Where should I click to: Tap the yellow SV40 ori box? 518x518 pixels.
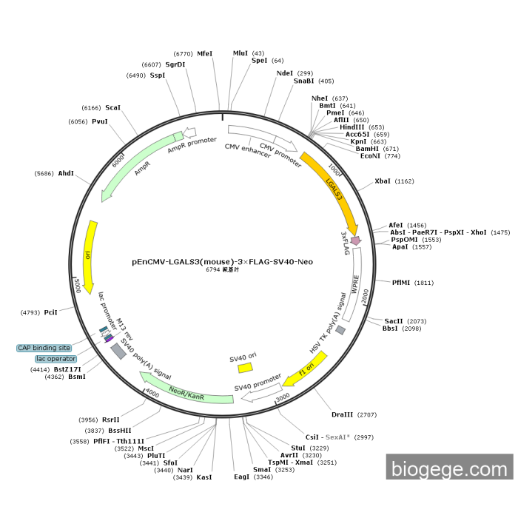tap(245, 367)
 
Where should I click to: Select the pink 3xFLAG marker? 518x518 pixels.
tap(356, 240)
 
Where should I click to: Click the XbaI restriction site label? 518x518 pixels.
tap(383, 181)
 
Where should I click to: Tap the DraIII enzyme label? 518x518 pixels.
tap(342, 414)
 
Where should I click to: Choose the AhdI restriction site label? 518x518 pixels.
tap(65, 173)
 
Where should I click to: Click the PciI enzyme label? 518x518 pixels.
tap(51, 312)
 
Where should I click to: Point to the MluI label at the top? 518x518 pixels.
tap(240, 53)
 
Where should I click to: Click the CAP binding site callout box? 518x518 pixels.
tap(44, 348)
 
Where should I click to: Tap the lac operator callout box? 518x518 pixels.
tap(55, 359)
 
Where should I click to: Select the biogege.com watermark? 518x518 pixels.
tap(449, 468)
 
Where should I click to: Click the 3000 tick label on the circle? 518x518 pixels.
tap(282, 398)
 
